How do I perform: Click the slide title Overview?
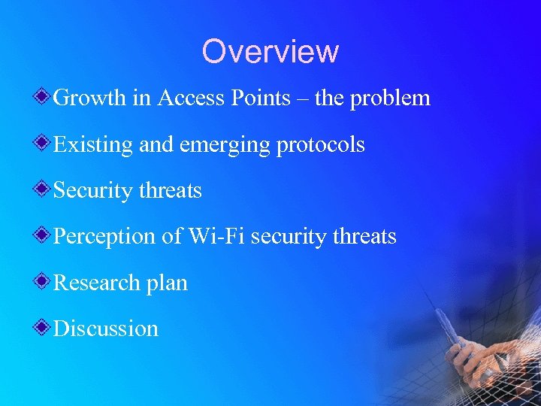(270, 51)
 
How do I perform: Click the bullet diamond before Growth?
(44, 97)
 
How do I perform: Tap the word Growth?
(92, 98)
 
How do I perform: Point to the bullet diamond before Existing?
(44, 143)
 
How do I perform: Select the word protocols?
(321, 145)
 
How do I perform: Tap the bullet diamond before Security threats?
(44, 189)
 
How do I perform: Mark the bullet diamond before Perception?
(44, 235)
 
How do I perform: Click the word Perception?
(105, 237)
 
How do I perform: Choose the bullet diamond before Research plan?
(44, 281)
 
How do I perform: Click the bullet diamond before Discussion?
(44, 327)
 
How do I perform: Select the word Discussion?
(106, 329)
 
